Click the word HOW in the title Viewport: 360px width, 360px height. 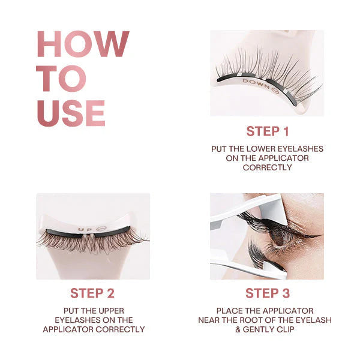[83, 44]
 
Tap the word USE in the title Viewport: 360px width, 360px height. [71, 113]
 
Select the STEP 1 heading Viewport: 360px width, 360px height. [267, 131]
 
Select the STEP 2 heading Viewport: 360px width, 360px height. [93, 293]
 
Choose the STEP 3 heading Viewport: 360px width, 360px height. [267, 293]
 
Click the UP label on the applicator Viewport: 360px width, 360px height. [84, 229]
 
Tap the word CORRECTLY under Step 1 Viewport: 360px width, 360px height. [267, 167]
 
